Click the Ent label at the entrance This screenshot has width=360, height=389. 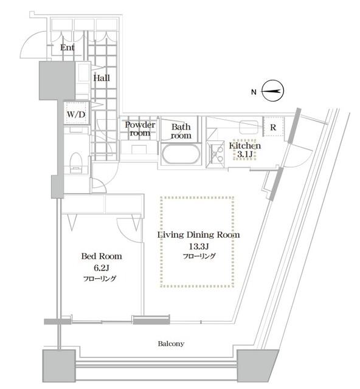click(x=67, y=47)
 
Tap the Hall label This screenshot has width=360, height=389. click(x=102, y=78)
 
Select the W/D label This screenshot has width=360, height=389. click(x=76, y=114)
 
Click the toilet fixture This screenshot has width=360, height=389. click(x=76, y=162)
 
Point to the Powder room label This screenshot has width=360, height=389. click(x=140, y=129)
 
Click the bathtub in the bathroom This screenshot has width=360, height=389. click(x=181, y=154)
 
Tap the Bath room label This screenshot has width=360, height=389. click(x=181, y=131)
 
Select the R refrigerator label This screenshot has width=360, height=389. click(x=273, y=127)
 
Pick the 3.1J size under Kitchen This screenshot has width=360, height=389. click(x=244, y=154)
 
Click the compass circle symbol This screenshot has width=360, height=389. click(x=273, y=91)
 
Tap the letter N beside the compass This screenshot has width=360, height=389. click(x=254, y=92)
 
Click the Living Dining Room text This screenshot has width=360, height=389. click(x=199, y=235)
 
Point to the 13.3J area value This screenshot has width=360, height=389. click(x=199, y=246)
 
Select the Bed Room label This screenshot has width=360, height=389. click(x=102, y=256)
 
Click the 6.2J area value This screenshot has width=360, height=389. click(x=102, y=268)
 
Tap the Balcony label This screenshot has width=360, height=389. click(x=171, y=343)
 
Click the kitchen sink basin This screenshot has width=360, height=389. click(x=248, y=127)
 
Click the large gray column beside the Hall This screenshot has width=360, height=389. click(x=57, y=81)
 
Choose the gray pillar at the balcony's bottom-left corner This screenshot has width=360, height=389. click(x=59, y=366)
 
